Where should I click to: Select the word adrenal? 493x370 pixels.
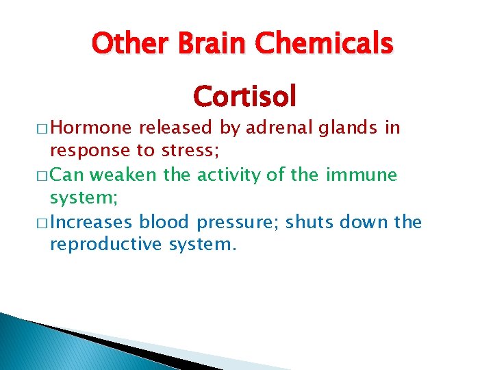point(277,128)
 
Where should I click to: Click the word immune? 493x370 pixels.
point(362,175)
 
